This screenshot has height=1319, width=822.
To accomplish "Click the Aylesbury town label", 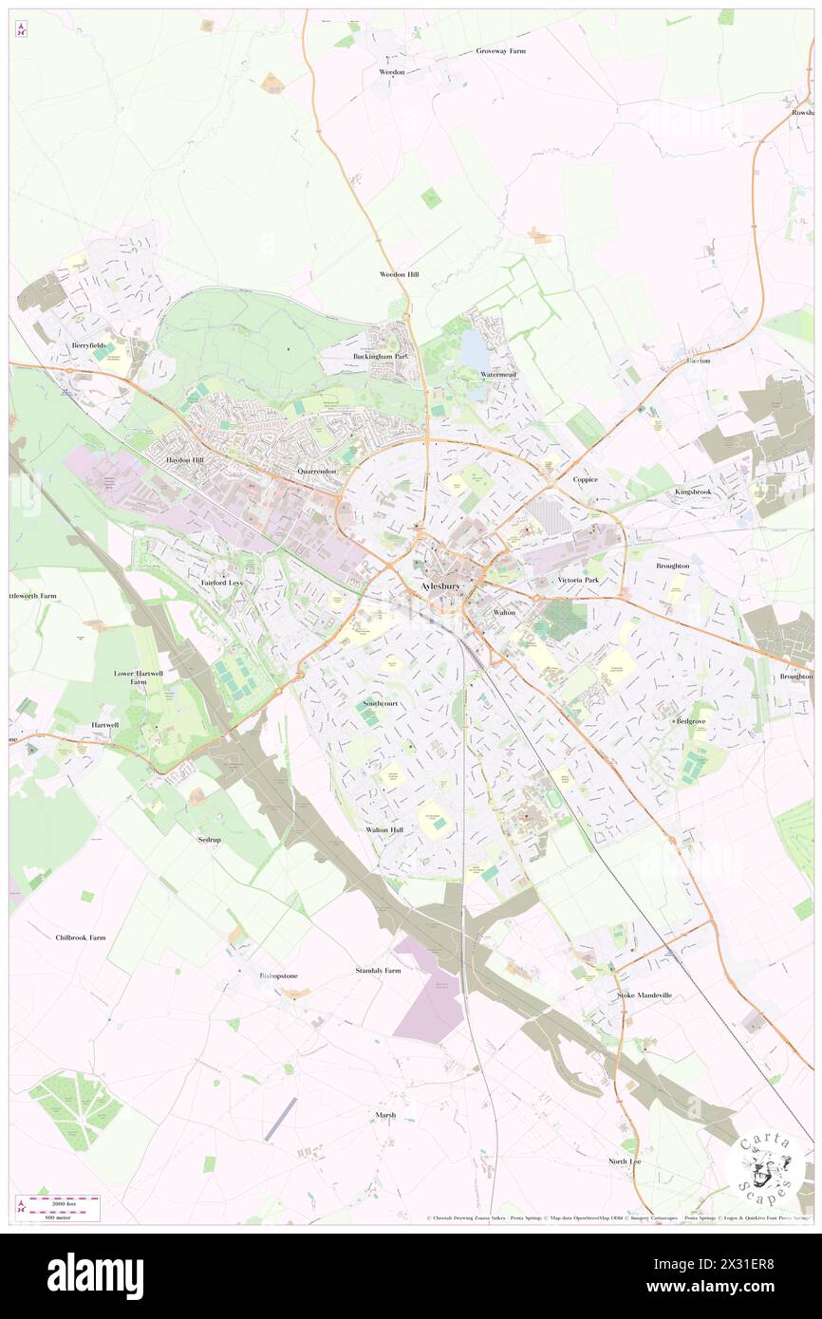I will point(439,587).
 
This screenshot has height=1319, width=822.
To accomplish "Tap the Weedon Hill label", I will point(399,274).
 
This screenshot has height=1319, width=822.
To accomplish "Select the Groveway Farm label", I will point(500,50).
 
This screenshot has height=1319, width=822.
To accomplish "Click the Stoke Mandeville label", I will point(645,995).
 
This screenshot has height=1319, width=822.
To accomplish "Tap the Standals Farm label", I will point(378,971).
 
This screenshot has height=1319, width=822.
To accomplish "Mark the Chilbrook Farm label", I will point(81,938).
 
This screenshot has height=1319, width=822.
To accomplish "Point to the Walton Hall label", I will point(384,829).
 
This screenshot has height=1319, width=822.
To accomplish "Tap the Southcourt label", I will point(380,703).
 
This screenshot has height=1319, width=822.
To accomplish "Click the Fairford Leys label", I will point(221,582).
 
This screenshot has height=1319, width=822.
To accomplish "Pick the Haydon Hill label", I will point(185,459).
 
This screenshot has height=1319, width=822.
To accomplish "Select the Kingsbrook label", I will point(693,492).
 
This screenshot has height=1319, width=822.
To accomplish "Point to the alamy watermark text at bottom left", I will point(95,1276).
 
